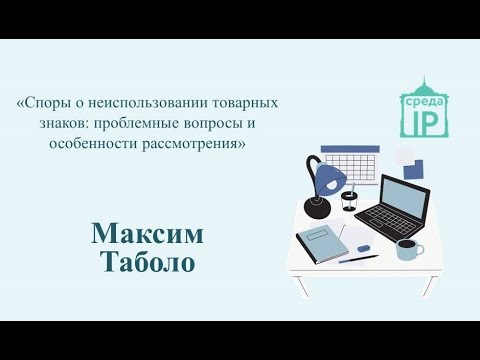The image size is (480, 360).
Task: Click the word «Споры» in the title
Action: [x=47, y=103]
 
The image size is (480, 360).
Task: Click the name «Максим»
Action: [x=147, y=234]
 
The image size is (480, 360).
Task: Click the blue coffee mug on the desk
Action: [x=406, y=250]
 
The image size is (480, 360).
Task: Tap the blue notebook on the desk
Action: [x=318, y=241]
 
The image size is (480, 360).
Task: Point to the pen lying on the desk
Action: [x=358, y=257]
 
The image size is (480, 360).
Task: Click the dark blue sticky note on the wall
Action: [x=412, y=166]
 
